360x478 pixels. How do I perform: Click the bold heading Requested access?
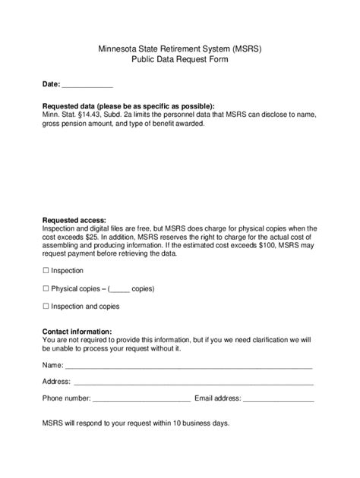click(x=74, y=220)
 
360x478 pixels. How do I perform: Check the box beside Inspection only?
click(x=46, y=271)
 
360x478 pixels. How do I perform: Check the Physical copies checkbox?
click(x=46, y=288)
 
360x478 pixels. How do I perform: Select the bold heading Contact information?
click(x=77, y=332)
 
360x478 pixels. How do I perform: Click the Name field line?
click(x=189, y=366)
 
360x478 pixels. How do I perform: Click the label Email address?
click(x=218, y=398)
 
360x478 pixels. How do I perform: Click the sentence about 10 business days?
click(x=136, y=423)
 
